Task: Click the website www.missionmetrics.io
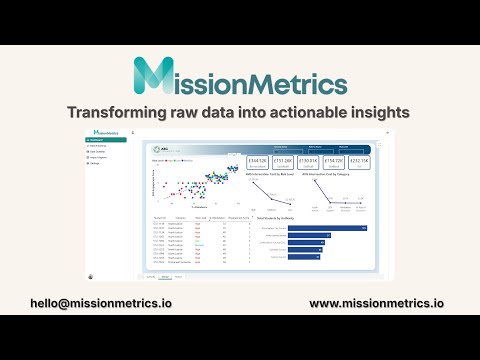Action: [377, 302]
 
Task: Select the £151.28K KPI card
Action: [283, 160]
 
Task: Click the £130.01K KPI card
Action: [309, 160]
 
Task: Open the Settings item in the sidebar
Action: [99, 164]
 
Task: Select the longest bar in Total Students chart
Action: [329, 227]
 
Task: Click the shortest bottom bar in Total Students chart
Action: [305, 255]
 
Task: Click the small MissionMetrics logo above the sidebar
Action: [106, 132]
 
